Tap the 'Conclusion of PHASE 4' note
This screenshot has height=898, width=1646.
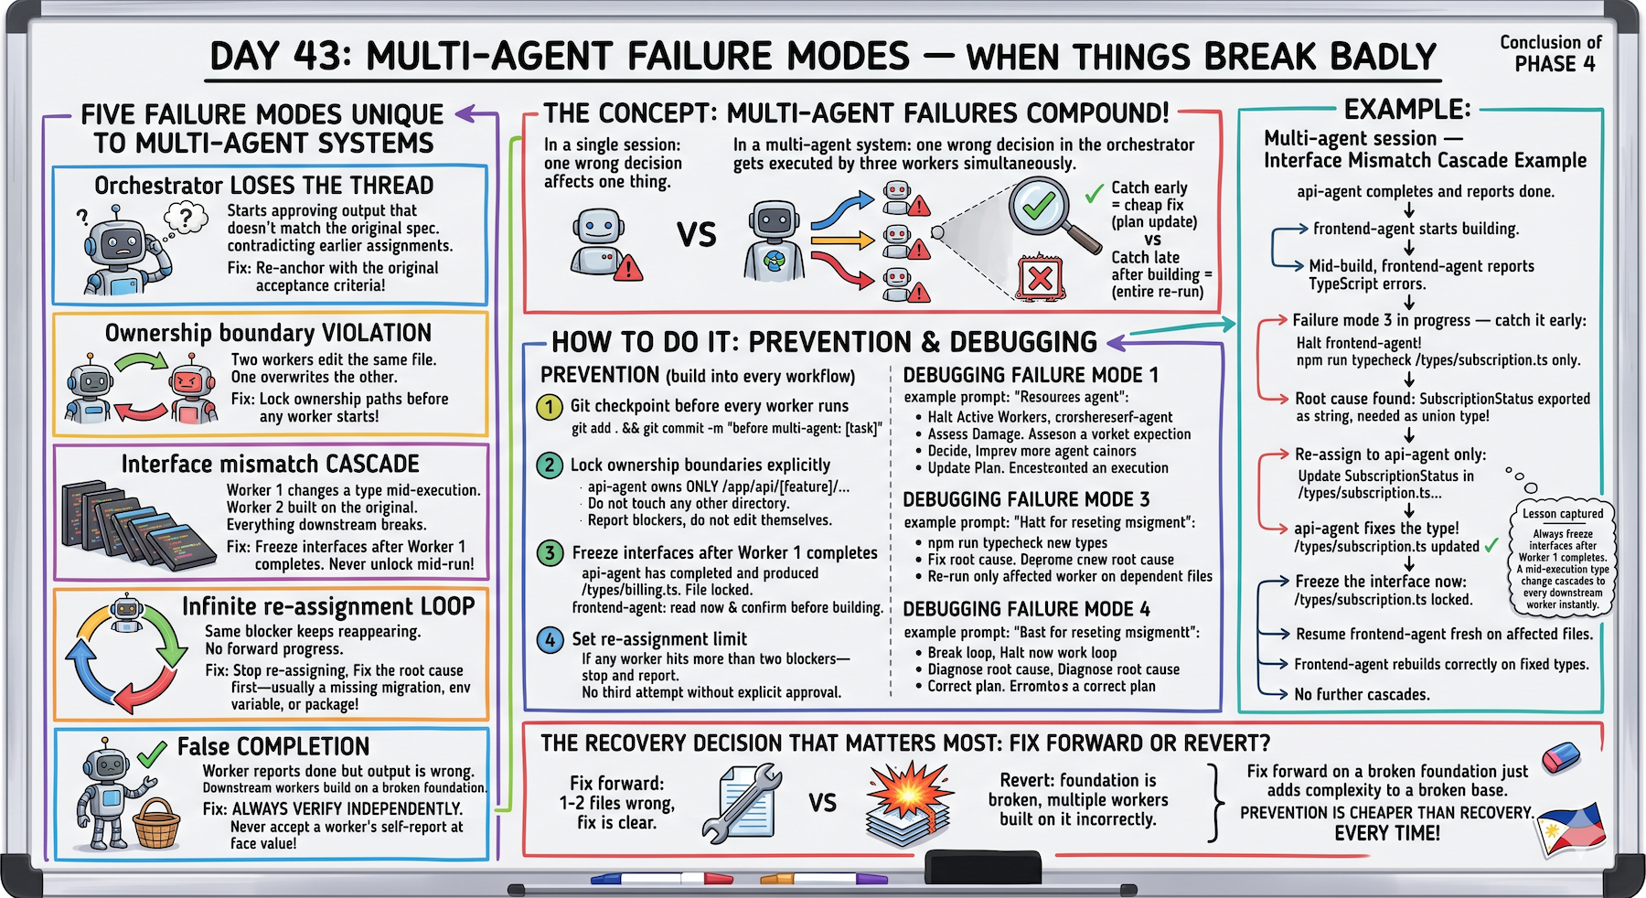coord(1552,53)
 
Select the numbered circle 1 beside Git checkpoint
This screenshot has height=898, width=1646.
coord(549,407)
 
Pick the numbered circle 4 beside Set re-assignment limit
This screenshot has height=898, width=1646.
coord(549,640)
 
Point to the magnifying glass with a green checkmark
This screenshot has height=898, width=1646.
coord(1047,212)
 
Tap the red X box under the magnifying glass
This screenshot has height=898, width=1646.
coord(1040,278)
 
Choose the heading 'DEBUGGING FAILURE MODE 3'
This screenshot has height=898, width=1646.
coord(1026,500)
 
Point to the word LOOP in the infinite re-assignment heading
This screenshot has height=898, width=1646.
coord(446,606)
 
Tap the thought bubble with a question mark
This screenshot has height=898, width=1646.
coord(186,218)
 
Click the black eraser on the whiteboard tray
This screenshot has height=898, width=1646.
coord(983,866)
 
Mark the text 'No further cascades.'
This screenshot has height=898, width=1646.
coord(1362,695)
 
